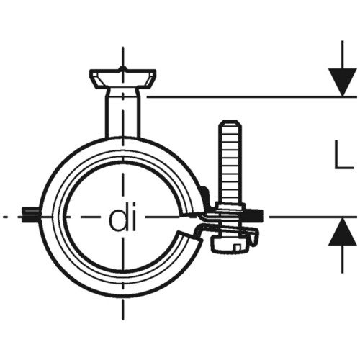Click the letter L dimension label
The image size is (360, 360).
(343, 155)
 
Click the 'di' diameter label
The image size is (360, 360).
(122, 217)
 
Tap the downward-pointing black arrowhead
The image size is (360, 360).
(343, 82)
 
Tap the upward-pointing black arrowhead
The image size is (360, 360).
(343, 232)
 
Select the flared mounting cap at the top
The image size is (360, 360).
(123, 78)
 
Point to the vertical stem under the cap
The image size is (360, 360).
(123, 113)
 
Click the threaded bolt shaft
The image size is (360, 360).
(230, 163)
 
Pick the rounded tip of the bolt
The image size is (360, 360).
(230, 123)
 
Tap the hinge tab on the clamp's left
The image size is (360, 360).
(30, 215)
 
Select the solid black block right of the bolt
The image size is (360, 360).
(254, 215)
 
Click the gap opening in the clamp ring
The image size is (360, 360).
(189, 222)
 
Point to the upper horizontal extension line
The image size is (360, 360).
(251, 96)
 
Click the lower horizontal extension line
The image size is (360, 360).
(313, 217)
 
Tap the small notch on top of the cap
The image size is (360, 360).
(123, 69)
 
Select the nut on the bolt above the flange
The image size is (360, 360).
(230, 206)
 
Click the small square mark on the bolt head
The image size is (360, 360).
(238, 248)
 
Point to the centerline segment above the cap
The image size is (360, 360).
(123, 57)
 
